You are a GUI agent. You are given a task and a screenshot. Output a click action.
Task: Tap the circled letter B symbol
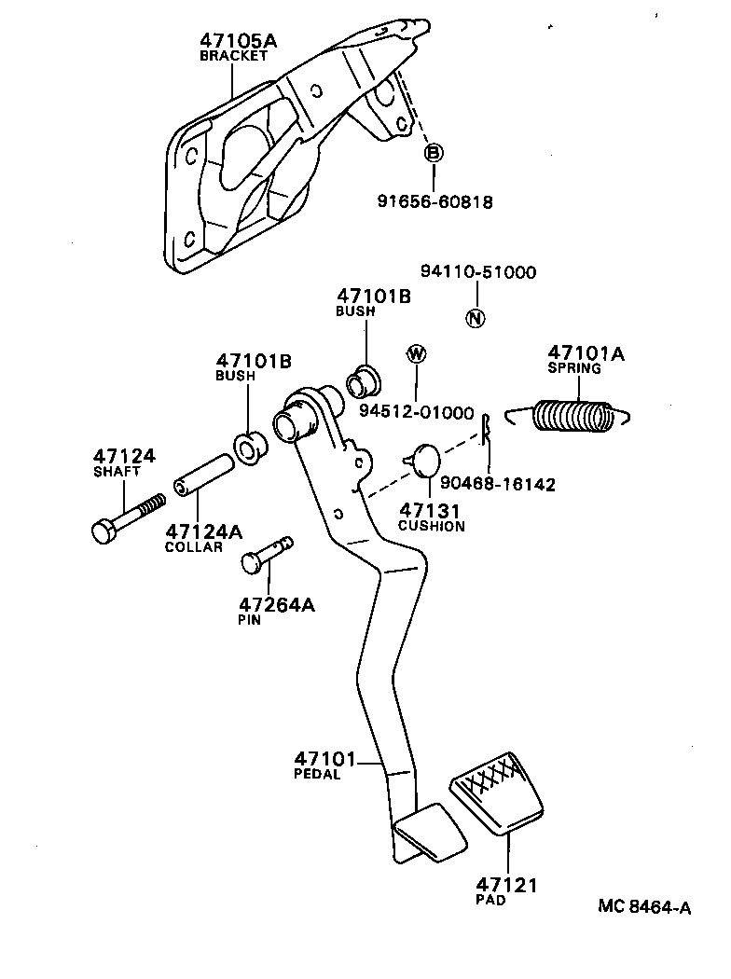point(434,153)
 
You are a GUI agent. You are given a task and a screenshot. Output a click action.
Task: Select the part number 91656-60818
point(434,201)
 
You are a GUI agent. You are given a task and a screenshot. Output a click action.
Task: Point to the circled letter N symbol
point(476,318)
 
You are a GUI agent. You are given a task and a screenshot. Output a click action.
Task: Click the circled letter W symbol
point(416,353)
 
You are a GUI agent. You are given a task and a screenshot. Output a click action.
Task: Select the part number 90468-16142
point(514,484)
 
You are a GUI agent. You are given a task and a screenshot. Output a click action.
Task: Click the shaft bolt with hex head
point(127,517)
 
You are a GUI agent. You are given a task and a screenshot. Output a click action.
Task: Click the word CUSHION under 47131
point(431,526)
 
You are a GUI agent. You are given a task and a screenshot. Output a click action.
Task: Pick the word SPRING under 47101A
point(573,368)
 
